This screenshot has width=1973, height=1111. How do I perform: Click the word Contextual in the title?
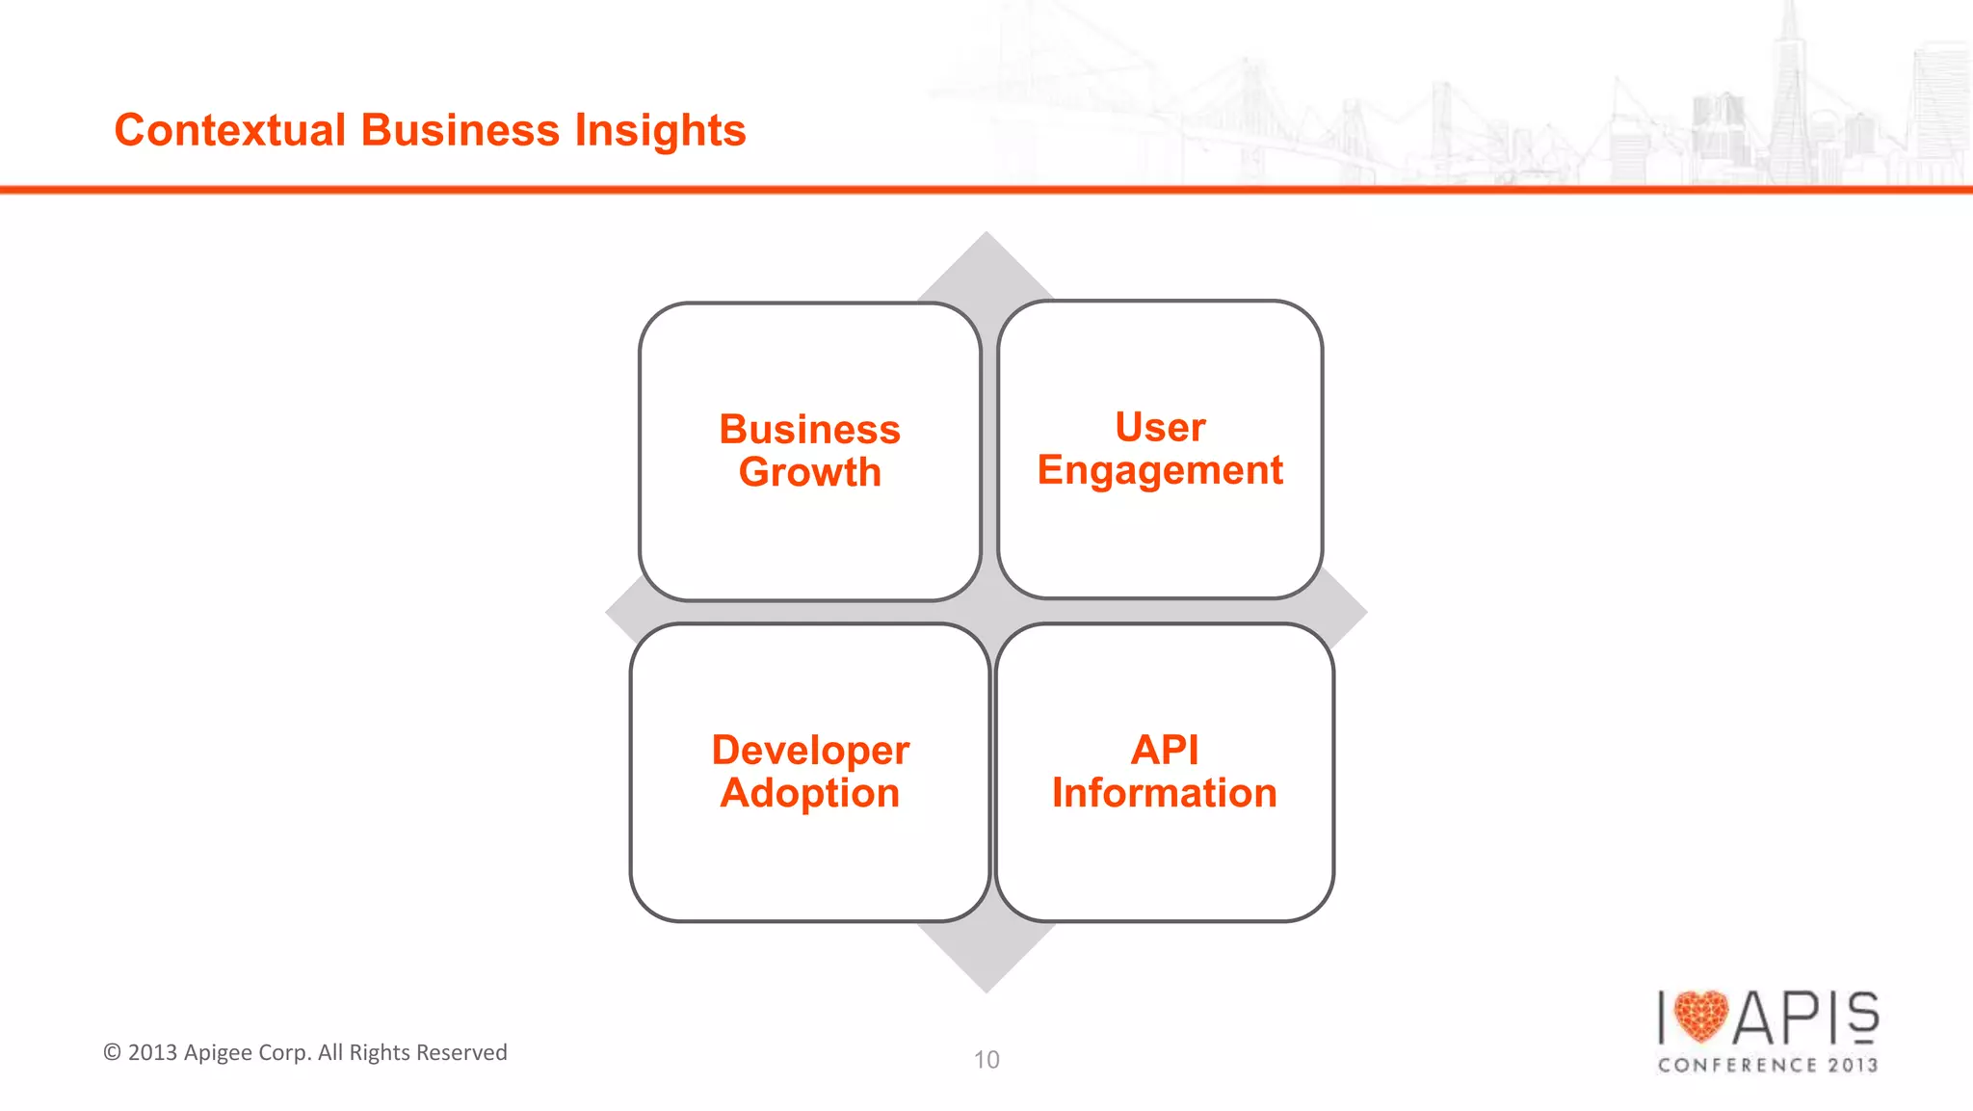tap(229, 130)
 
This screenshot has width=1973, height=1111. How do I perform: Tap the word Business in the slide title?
tap(460, 130)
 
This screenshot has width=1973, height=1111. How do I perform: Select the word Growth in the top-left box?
tap(810, 473)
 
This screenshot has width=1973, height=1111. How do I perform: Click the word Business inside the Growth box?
tap(810, 430)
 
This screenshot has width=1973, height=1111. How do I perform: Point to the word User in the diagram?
tap(1160, 427)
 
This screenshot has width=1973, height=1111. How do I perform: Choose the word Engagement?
tap(1160, 471)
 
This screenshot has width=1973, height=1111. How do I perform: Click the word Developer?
tap(810, 750)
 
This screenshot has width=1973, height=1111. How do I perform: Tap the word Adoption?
tap(810, 793)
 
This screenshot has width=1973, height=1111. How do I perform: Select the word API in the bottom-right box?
tap(1165, 750)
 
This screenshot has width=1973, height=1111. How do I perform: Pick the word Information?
tap(1165, 793)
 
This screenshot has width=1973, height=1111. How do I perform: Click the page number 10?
tap(986, 1060)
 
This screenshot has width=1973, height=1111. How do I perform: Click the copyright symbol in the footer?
tap(113, 1052)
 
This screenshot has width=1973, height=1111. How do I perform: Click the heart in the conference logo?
tap(1701, 1016)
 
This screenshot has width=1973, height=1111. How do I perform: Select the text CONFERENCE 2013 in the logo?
tap(1768, 1065)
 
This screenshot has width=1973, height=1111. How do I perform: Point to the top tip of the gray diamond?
tap(986, 237)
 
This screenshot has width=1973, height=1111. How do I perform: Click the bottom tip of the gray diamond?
tap(986, 987)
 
